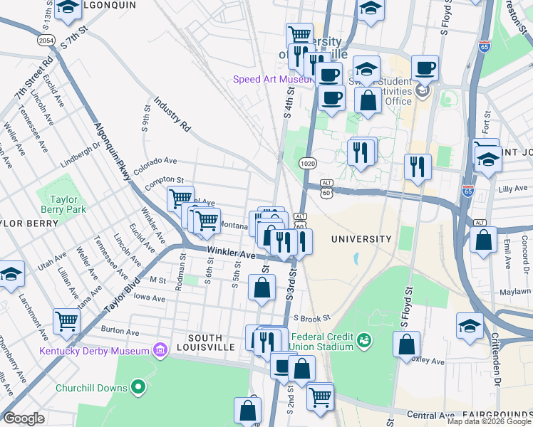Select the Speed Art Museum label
[272, 79]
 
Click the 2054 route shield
[46, 41]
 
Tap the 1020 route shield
[308, 163]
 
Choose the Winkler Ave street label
[231, 253]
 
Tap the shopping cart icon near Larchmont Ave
[66, 321]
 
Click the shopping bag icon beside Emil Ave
[484, 241]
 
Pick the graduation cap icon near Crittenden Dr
[470, 325]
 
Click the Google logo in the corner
[24, 418]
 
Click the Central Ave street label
[430, 415]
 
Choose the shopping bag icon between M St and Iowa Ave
[262, 288]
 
